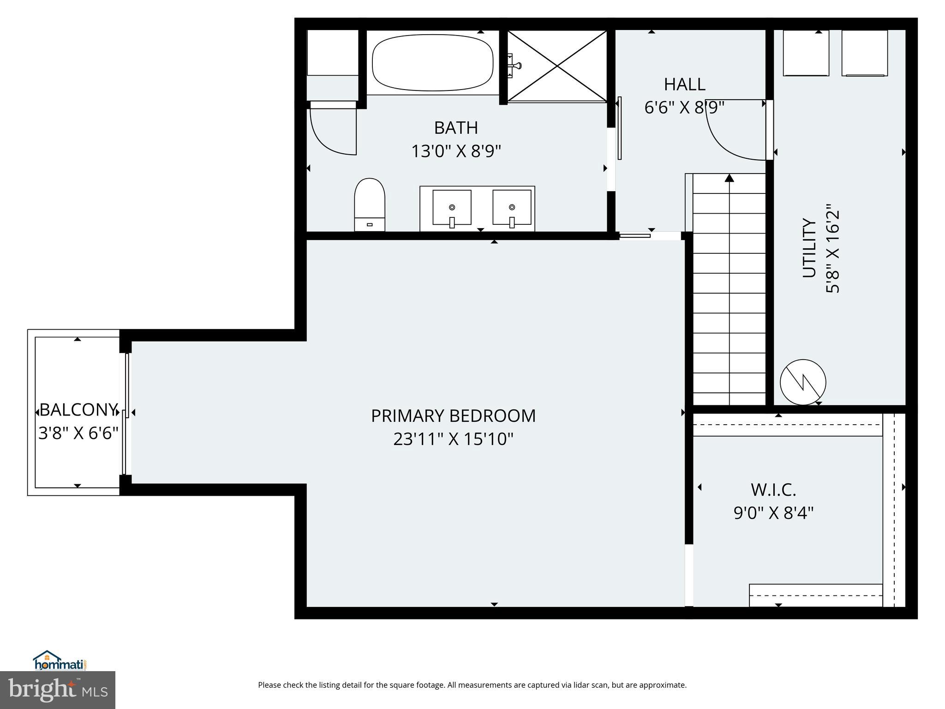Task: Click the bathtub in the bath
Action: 432,64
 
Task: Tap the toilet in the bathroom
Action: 370,204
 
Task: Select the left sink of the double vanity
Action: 452,208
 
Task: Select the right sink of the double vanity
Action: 512,208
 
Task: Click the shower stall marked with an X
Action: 557,66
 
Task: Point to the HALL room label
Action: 684,84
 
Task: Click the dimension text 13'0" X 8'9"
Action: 456,151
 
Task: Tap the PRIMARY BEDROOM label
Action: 453,416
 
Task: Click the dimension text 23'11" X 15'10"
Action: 453,439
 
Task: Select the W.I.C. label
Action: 773,490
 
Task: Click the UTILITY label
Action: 809,248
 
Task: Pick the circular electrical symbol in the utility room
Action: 803,382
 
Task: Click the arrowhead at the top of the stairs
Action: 729,178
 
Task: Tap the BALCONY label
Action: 78,410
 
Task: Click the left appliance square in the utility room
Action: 806,53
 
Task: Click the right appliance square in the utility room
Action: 864,53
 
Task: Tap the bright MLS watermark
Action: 58,690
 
